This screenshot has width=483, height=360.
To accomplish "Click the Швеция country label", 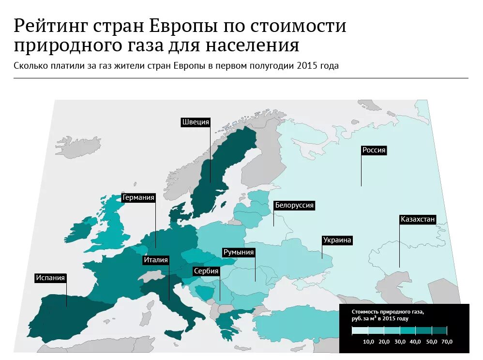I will tap(196, 122).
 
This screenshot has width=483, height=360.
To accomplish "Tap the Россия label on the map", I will tap(374, 150).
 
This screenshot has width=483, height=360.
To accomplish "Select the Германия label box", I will tap(138, 197).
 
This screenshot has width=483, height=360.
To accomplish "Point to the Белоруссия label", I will tap(294, 205).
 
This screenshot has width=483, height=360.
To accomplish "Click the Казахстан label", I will tap(418, 219).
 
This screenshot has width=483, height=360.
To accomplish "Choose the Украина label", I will tap(337, 240).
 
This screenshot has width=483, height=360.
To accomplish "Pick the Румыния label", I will tap(238, 252).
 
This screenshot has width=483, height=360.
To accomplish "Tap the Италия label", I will tap(155, 260).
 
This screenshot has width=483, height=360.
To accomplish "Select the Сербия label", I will tap(206, 271).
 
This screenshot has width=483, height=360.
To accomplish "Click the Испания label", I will tap(50, 278).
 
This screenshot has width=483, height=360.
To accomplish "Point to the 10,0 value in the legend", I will tap(368, 342).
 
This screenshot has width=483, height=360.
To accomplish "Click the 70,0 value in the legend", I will tap(447, 342).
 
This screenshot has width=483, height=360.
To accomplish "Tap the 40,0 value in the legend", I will tap(415, 342).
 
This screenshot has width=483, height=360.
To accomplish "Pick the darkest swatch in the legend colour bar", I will tap(439, 331).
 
